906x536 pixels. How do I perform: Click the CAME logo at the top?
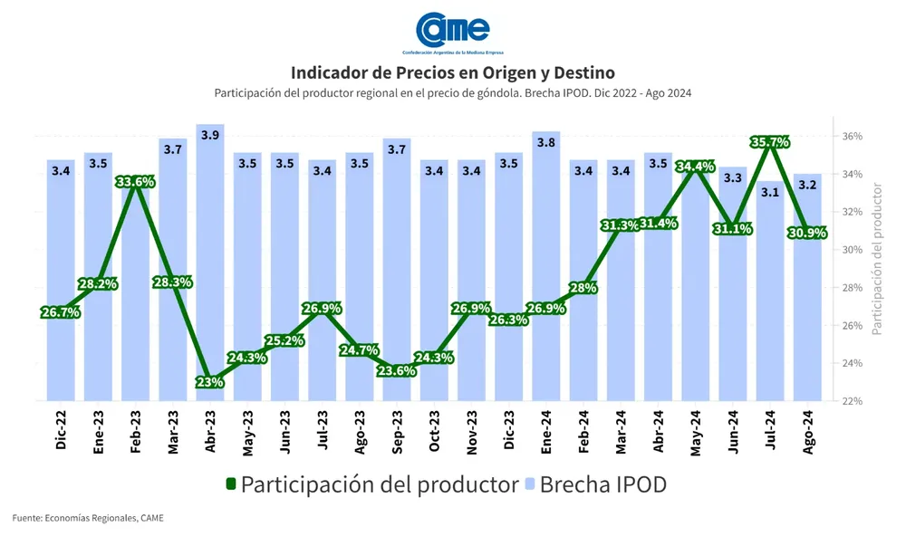[452, 32]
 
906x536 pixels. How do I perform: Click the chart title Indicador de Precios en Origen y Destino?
[453, 72]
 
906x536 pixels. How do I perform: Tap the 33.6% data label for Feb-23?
[135, 182]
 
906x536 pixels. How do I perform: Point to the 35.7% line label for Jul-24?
[770, 142]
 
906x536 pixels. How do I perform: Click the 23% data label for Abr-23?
[210, 382]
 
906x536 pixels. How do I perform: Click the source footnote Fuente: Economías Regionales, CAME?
[88, 517]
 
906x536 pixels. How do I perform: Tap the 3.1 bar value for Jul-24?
[770, 192]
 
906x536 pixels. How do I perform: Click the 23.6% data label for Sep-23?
[397, 370]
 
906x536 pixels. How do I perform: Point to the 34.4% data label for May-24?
[696, 167]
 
